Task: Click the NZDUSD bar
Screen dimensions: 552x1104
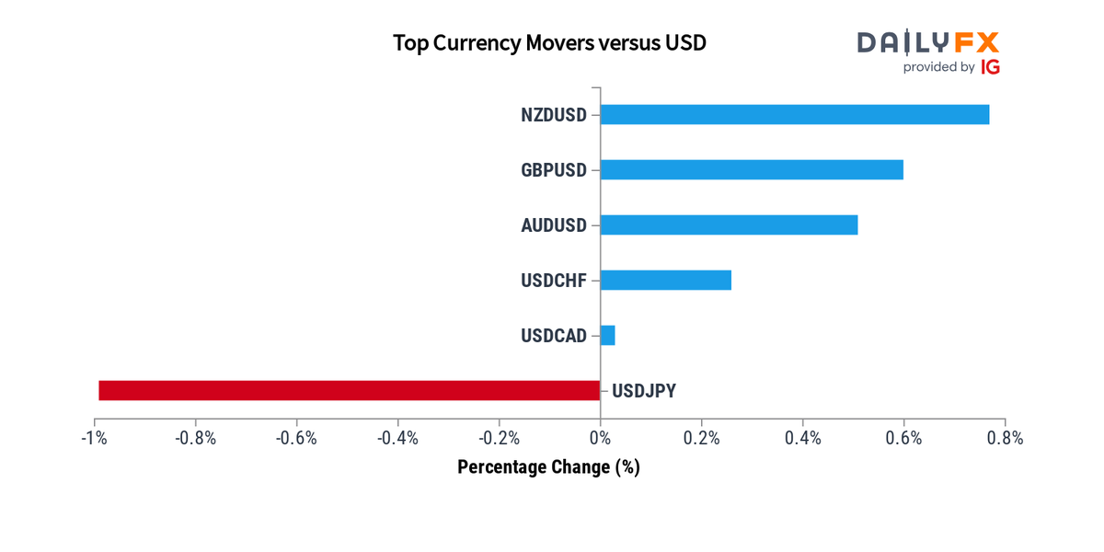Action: click(795, 115)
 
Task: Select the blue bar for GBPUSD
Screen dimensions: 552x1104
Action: click(752, 170)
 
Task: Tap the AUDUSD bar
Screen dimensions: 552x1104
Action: click(729, 225)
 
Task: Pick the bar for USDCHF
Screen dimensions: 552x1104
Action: click(665, 280)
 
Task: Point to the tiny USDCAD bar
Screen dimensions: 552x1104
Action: click(607, 335)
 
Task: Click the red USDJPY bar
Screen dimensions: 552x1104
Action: click(350, 390)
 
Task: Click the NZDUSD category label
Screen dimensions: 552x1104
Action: click(553, 115)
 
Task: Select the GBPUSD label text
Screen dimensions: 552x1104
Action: click(553, 170)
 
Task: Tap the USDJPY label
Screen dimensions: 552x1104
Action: click(644, 391)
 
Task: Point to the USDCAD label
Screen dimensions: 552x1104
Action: click(553, 336)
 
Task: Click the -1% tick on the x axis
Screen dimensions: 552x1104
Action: click(94, 438)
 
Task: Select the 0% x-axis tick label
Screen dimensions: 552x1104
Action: click(600, 438)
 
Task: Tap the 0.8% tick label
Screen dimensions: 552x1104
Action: click(1005, 438)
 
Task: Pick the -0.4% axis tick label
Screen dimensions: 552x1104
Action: click(397, 438)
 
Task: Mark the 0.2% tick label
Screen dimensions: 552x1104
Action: click(701, 438)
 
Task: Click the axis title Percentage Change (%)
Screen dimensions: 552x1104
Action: click(548, 467)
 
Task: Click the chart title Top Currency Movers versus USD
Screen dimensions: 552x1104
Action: click(549, 43)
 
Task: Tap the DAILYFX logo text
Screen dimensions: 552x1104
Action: click(927, 41)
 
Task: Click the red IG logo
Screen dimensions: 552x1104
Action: click(990, 67)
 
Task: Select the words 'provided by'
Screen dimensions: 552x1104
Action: click(938, 67)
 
